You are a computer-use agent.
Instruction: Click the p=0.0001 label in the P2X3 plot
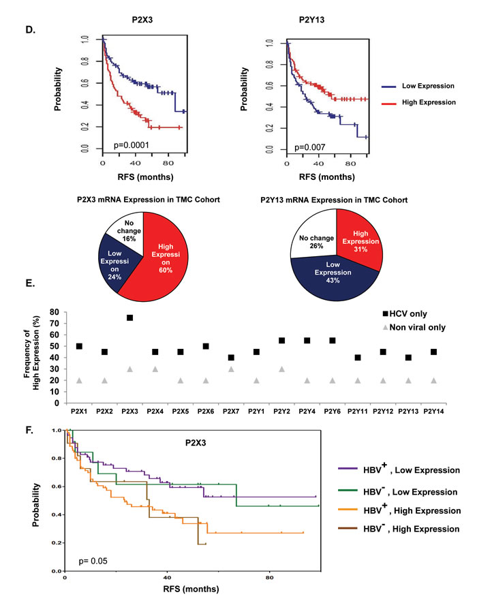coord(132,145)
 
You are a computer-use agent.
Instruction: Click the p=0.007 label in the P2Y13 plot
coord(310,147)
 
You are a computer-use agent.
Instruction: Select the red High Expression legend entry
coord(418,102)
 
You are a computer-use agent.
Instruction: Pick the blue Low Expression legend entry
coord(418,86)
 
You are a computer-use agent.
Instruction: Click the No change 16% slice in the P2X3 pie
coord(127,230)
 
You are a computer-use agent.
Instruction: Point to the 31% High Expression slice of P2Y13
coord(360,241)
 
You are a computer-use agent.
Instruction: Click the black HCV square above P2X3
coord(129,318)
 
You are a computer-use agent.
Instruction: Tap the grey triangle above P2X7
coord(231,369)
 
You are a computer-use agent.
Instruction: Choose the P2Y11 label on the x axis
coord(358,412)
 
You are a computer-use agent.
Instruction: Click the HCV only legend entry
coord(405,314)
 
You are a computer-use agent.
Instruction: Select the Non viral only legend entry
coord(414,327)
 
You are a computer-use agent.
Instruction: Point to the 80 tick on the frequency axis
coord(55,312)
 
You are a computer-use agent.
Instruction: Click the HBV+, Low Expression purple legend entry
coord(399,469)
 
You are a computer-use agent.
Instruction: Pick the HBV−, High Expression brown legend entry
coord(399,528)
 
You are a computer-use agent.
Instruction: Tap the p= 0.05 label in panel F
coord(93,561)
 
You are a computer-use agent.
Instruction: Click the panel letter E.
coord(30,283)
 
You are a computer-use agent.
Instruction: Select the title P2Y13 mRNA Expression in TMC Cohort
coord(334,200)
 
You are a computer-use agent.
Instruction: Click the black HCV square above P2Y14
coord(434,352)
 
